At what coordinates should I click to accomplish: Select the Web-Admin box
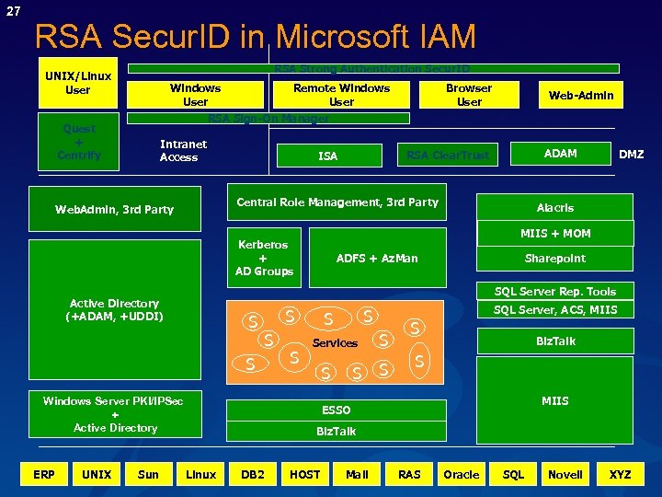tap(581, 95)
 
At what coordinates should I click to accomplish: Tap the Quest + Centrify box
tap(78, 143)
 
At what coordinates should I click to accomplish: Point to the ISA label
tap(327, 156)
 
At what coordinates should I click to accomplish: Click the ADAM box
tap(560, 154)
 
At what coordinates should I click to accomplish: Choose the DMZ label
tap(631, 155)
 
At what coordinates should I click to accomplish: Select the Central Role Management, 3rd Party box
tap(337, 202)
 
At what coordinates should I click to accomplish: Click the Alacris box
tap(554, 208)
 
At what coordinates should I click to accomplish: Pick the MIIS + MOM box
tap(555, 234)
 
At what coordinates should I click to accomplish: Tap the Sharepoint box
tap(554, 259)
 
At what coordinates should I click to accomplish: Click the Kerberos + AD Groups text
tap(263, 258)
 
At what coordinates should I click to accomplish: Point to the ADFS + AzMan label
tap(377, 259)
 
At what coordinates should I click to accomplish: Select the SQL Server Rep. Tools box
tap(555, 292)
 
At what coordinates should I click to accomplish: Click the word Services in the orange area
tap(335, 343)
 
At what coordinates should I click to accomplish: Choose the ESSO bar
tap(336, 410)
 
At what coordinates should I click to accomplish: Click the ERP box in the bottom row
tap(43, 475)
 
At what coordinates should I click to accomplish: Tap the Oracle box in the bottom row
tap(461, 475)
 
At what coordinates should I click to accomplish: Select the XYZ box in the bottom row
tap(620, 475)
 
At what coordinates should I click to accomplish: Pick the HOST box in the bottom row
tap(304, 475)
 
